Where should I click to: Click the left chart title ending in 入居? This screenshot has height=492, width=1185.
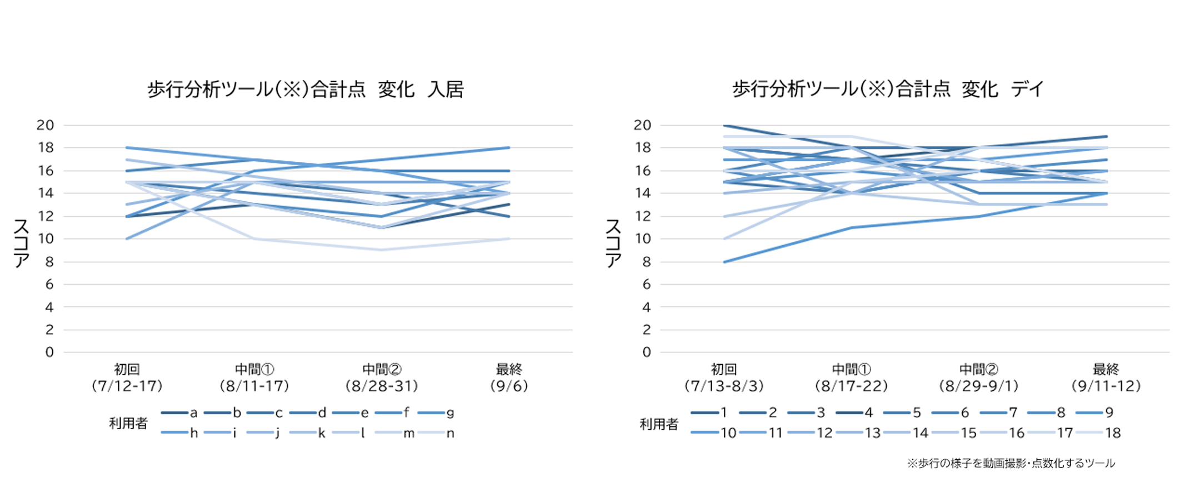point(305,90)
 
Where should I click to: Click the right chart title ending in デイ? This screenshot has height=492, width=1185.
point(888,90)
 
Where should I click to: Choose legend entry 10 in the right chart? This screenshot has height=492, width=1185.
point(714,433)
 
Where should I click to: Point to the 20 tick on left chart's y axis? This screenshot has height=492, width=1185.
point(46,125)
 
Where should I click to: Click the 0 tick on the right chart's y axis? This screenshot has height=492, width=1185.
point(646,352)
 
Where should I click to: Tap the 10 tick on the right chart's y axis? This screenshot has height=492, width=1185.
point(642,239)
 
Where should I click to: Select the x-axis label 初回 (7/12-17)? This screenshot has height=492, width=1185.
point(127,377)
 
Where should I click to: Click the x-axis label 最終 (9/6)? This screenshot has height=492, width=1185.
point(509,377)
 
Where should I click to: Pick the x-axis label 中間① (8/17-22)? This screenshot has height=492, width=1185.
point(851,377)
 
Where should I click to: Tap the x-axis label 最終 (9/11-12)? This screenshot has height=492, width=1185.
point(1106,377)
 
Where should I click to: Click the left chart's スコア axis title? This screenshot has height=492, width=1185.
point(21,243)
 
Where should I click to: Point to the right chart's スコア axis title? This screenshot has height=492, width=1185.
point(613,243)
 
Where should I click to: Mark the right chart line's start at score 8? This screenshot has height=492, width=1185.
point(724,262)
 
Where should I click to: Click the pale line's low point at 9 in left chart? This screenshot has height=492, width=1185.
point(382,250)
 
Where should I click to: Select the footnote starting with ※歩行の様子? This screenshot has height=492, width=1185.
point(1011,463)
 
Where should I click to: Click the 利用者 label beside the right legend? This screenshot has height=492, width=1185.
point(659,424)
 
